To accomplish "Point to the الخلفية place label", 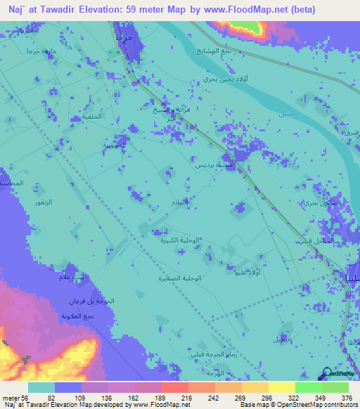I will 87,117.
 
